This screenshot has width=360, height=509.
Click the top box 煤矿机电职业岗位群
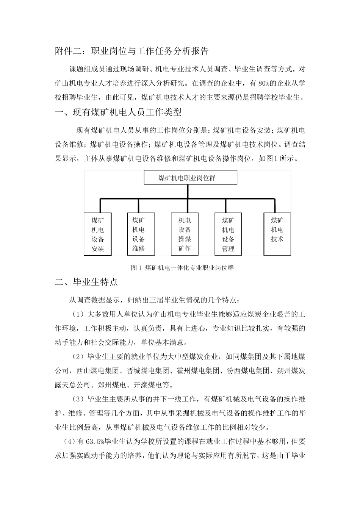point(190,177)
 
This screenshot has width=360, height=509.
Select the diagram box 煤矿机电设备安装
point(97,234)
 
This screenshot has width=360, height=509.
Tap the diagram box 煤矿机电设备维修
point(138,234)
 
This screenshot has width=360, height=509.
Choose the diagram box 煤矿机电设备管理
point(228,234)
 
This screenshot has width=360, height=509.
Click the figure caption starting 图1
point(182,268)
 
